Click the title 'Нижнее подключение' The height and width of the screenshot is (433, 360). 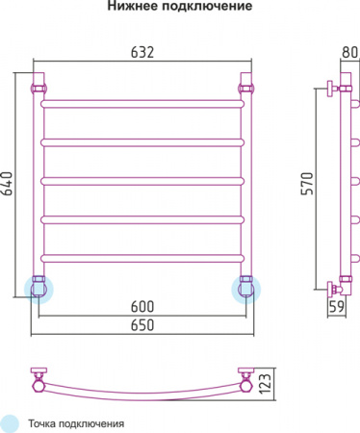tap(180, 8)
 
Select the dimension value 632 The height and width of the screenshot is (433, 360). tap(142, 54)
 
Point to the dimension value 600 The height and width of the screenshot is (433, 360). tap(142, 307)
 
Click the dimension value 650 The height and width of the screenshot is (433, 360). tap(142, 326)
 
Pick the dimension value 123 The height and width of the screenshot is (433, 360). tap(276, 383)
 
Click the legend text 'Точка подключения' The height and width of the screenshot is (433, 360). tap(76, 422)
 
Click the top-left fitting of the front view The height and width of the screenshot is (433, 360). tap(40, 87)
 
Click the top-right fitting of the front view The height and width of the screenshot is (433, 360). tap(244, 87)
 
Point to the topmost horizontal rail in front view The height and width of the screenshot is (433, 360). tap(142, 99)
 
